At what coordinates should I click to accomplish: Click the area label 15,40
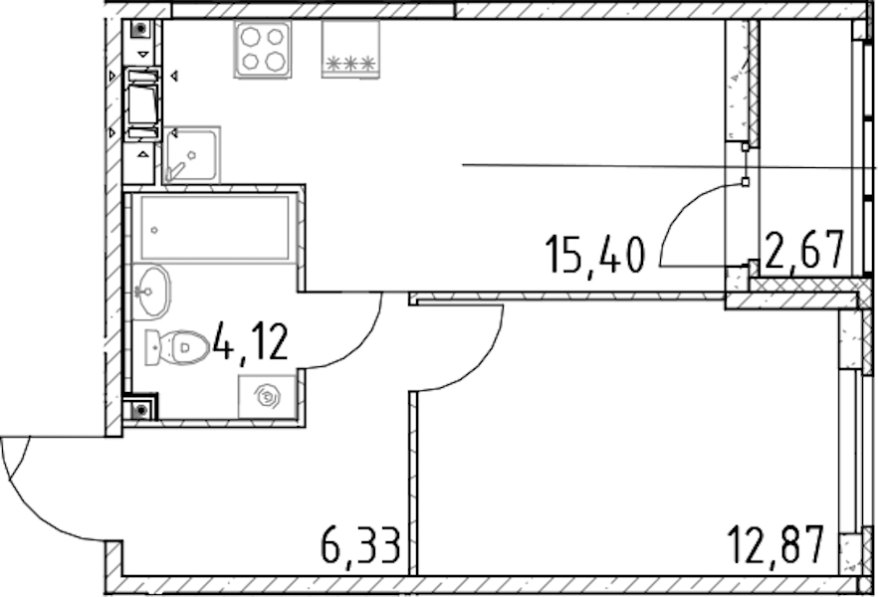(595, 255)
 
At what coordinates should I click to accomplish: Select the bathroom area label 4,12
(250, 343)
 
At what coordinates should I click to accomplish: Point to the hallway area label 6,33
(361, 545)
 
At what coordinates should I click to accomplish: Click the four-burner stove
(263, 49)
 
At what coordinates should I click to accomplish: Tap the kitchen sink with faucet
(191, 155)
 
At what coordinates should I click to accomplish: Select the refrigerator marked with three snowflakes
(350, 49)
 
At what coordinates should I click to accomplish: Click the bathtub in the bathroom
(215, 228)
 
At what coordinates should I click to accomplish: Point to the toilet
(177, 347)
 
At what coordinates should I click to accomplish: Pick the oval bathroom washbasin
(151, 293)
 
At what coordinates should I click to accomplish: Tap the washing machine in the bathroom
(267, 397)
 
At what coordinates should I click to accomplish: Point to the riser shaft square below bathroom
(140, 410)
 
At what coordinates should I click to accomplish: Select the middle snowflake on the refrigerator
(350, 64)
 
